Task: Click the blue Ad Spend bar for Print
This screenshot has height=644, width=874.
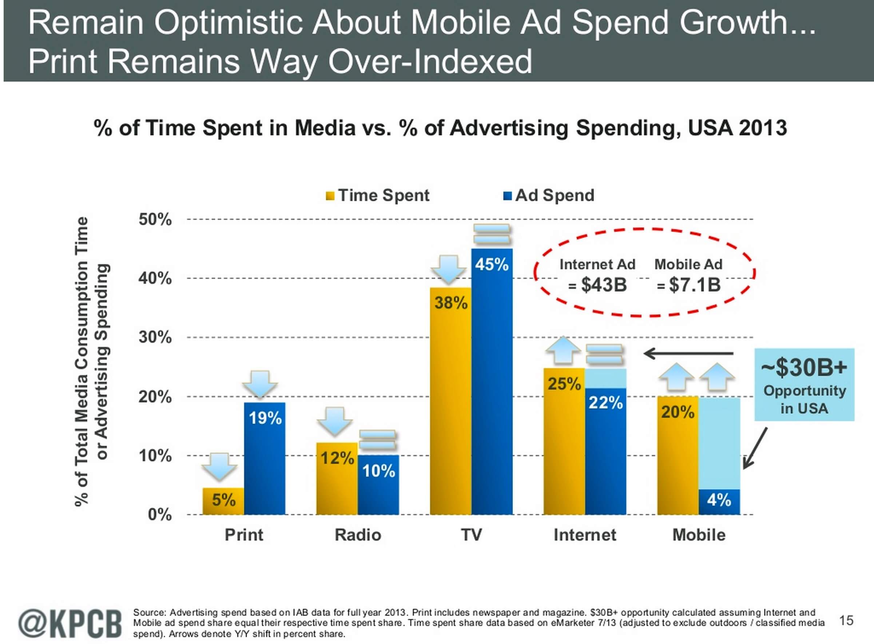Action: [265, 460]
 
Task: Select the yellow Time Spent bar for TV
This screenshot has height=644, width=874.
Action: [450, 402]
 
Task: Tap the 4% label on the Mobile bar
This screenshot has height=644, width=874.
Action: [719, 500]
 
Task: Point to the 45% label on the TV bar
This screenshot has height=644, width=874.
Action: [492, 265]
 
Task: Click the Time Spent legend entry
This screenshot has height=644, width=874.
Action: [378, 195]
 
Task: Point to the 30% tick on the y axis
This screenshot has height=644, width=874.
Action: [155, 337]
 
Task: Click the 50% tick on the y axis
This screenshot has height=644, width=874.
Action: [155, 220]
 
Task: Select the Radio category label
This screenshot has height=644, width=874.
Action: [358, 535]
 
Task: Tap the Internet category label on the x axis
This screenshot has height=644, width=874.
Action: [585, 535]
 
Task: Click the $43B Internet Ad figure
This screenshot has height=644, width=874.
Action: [603, 285]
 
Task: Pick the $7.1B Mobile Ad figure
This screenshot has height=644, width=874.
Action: [694, 285]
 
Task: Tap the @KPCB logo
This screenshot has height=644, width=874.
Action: [70, 622]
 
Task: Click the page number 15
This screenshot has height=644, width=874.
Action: [846, 620]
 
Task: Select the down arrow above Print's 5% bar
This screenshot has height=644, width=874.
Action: [219, 466]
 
